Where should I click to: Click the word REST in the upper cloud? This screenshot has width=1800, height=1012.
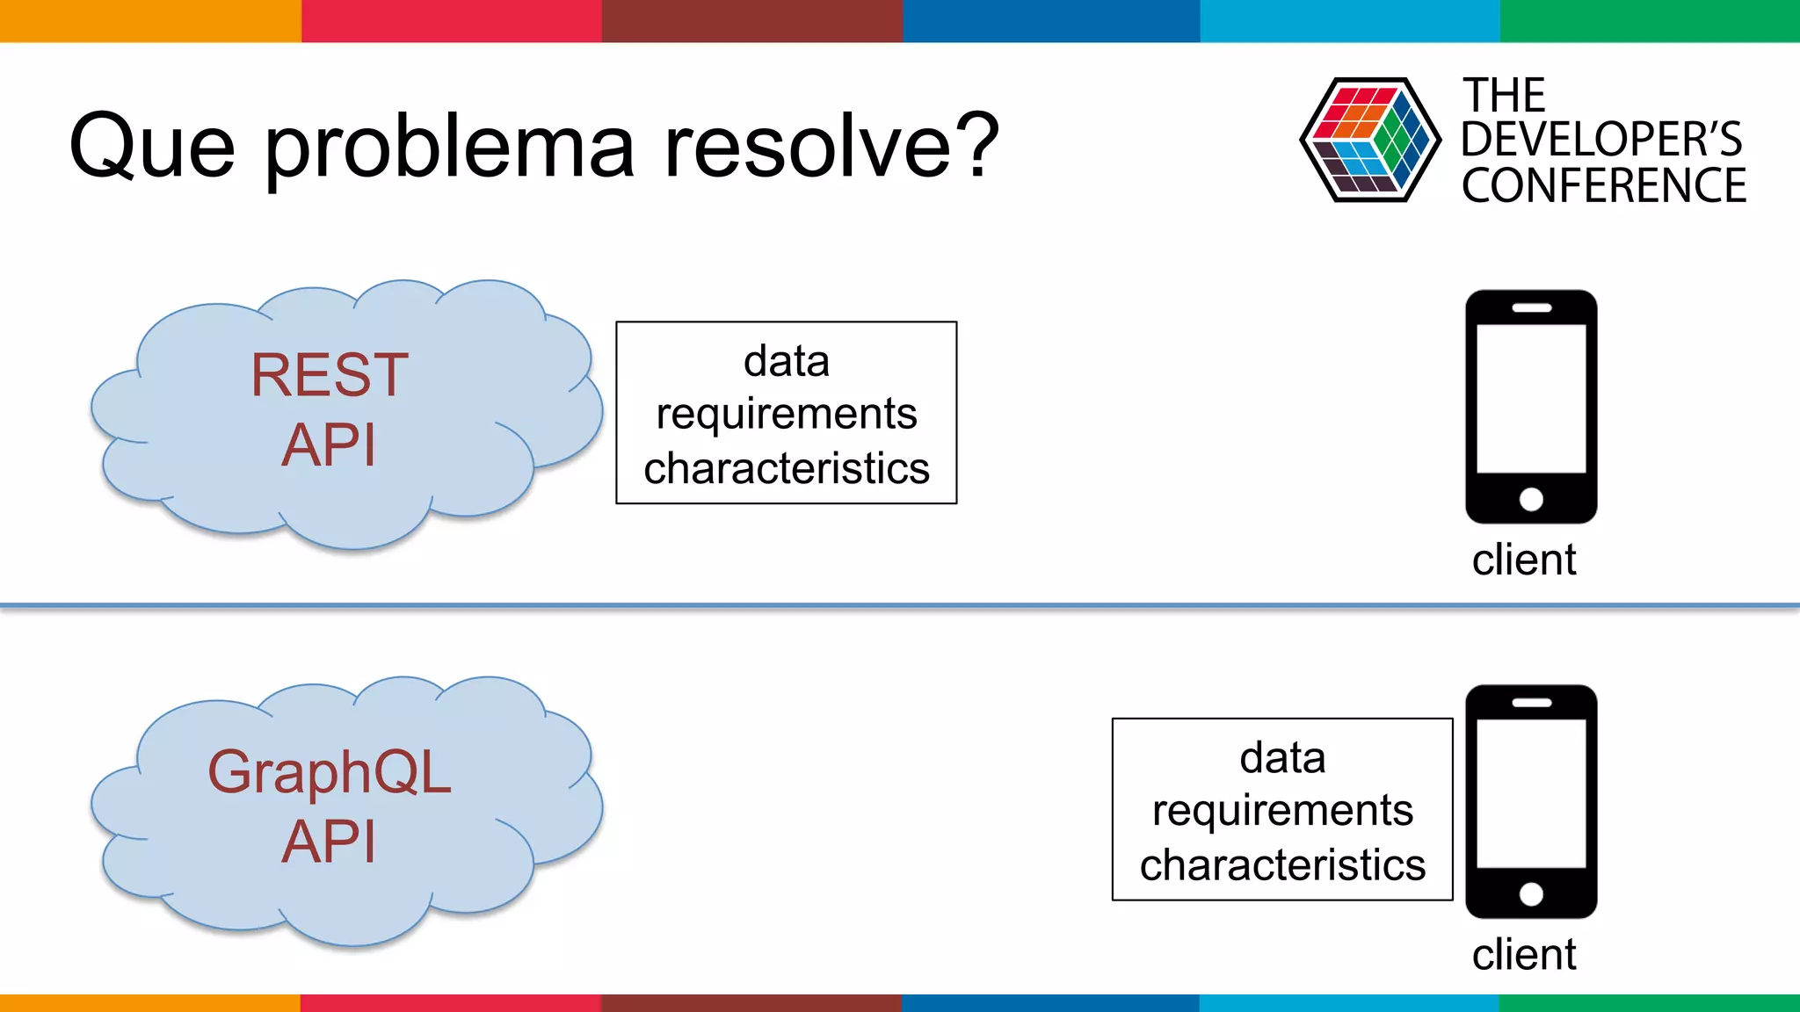330,376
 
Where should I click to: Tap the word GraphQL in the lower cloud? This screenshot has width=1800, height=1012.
330,773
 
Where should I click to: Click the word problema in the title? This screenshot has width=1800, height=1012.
450,147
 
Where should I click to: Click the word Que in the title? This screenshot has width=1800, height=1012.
152,147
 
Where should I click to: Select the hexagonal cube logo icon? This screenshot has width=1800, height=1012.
1369,141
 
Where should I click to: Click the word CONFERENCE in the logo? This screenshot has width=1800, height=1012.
1603,186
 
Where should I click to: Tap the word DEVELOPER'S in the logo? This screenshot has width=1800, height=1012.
1601,140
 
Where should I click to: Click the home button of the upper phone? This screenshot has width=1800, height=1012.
1531,499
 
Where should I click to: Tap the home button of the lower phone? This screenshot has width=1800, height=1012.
1531,894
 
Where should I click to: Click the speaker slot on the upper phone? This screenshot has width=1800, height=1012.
1531,308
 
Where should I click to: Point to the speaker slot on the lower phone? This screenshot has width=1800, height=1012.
1531,703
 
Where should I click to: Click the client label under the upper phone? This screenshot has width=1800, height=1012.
1524,560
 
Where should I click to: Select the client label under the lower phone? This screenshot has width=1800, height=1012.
1524,955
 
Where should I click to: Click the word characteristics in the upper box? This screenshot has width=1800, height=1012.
787,468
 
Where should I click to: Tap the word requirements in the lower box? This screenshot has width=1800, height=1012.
1282,811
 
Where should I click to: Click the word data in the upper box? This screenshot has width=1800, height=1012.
787,361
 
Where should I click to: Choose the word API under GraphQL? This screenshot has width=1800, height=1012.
330,842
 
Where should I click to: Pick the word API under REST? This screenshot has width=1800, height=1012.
330,445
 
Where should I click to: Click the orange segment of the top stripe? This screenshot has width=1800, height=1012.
149,20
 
